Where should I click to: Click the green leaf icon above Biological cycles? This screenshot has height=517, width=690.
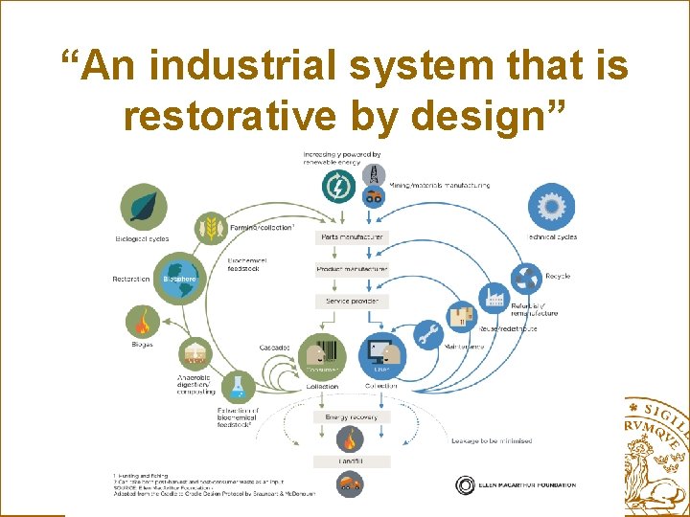click(x=143, y=206)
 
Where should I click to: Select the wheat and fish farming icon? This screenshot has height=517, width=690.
click(x=211, y=228)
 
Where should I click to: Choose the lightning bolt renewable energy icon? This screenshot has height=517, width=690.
click(x=338, y=187)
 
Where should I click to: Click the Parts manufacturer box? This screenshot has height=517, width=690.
click(x=351, y=236)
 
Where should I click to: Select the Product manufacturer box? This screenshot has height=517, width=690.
click(x=351, y=269)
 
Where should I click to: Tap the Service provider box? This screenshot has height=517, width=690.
click(x=351, y=302)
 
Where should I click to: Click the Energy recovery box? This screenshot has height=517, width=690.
click(x=351, y=416)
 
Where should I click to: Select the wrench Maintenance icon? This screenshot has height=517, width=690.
click(x=428, y=335)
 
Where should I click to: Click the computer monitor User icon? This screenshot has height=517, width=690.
click(x=380, y=356)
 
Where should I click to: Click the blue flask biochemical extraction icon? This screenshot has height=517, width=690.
click(x=237, y=387)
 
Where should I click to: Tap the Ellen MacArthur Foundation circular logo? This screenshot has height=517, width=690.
click(x=465, y=484)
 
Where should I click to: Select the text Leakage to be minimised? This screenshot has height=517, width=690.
click(x=492, y=441)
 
